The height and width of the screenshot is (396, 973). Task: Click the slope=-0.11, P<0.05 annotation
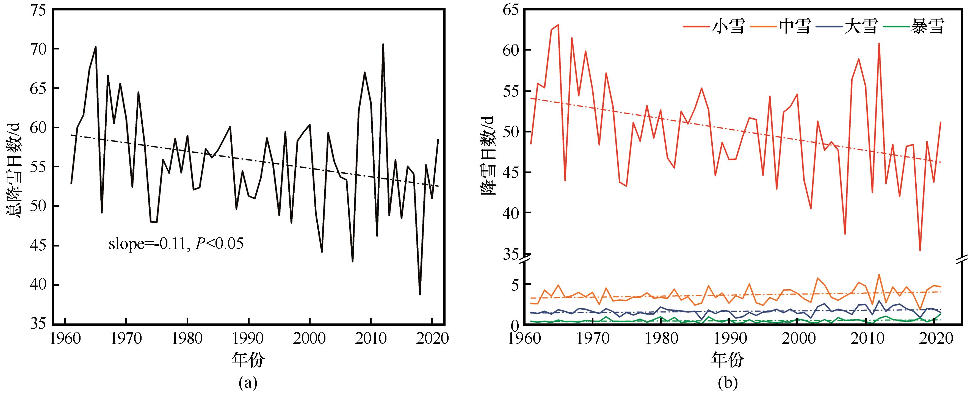pyautogui.click(x=176, y=244)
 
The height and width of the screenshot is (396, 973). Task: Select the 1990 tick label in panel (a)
pyautogui.click(x=248, y=339)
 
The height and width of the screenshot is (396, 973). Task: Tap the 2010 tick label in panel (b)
pyautogui.click(x=862, y=339)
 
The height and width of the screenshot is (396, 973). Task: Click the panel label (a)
pyautogui.click(x=248, y=383)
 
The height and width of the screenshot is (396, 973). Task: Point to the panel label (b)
pyautogui.click(x=727, y=383)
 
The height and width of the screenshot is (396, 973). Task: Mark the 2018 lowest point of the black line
pyautogui.click(x=420, y=294)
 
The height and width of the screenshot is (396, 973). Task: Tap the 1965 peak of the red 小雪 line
pyautogui.click(x=558, y=25)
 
